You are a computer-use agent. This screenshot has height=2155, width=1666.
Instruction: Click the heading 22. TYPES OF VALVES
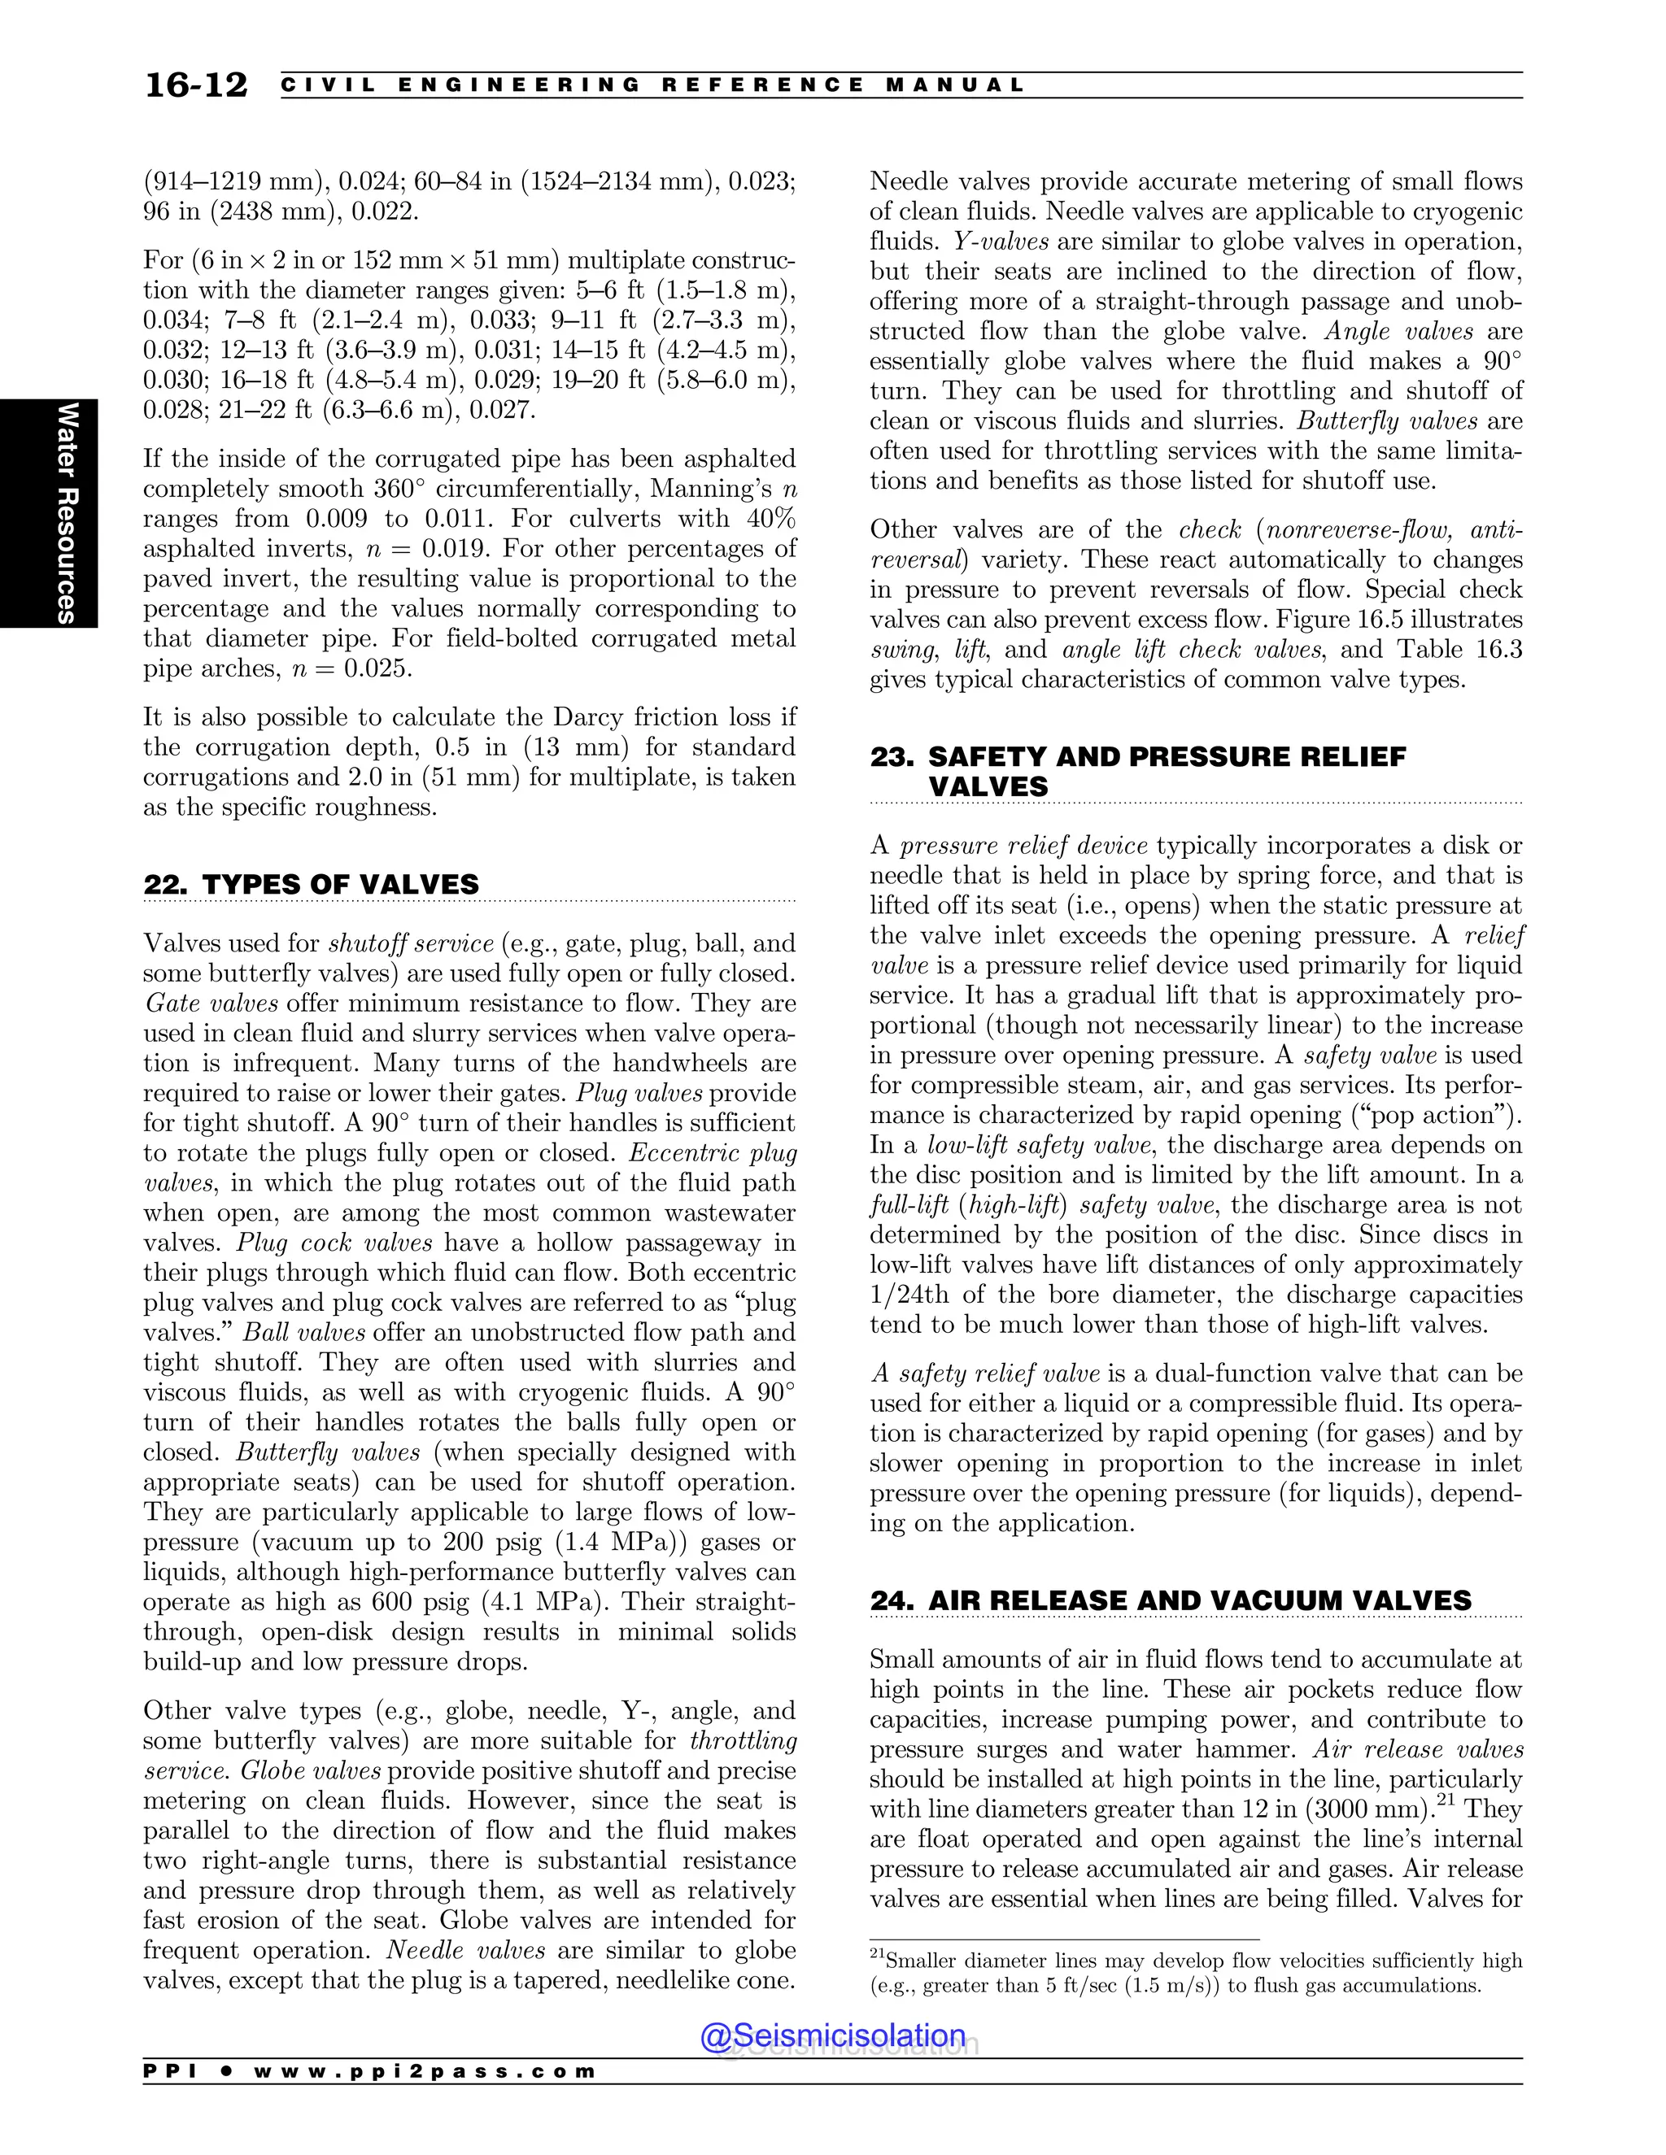coord(311,884)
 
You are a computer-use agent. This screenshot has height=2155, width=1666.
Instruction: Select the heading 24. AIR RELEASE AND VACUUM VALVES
coord(1171,1600)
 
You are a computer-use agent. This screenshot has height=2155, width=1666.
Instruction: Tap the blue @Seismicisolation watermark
coord(832,2035)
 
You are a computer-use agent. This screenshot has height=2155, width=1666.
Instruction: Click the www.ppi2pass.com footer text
coord(425,2071)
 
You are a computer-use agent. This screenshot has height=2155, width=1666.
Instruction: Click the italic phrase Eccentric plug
coord(713,1153)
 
